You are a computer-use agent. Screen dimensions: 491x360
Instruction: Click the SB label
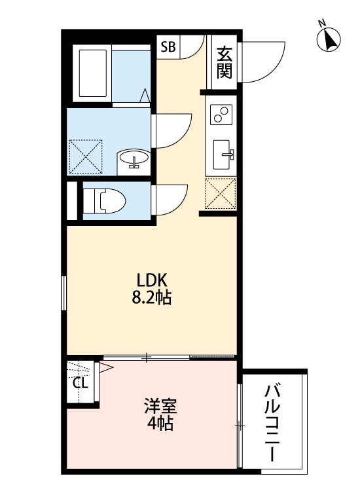pyautogui.click(x=168, y=46)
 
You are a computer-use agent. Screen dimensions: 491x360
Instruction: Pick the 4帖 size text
pyautogui.click(x=159, y=424)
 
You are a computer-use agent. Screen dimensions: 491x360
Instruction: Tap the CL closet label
pyautogui.click(x=80, y=383)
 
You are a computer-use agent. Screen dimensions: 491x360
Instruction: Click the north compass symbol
pyautogui.click(x=329, y=39)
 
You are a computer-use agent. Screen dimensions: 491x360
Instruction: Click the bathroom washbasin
pyautogui.click(x=134, y=158)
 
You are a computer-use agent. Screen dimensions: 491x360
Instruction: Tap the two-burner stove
pyautogui.click(x=221, y=115)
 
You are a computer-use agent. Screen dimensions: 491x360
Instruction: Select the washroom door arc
pyautogui.click(x=173, y=130)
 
